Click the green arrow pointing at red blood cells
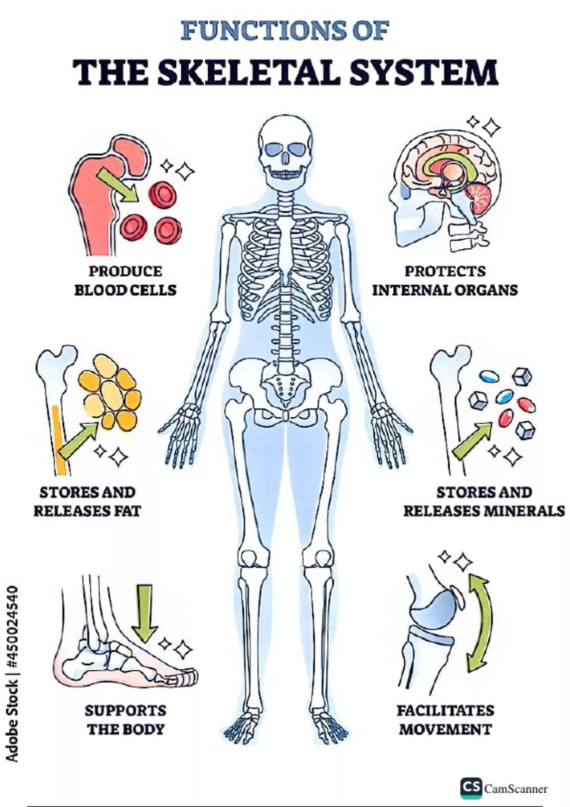pyautogui.click(x=117, y=185)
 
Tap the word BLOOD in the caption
pyautogui.click(x=99, y=291)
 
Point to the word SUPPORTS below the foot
pyautogui.click(x=125, y=711)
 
